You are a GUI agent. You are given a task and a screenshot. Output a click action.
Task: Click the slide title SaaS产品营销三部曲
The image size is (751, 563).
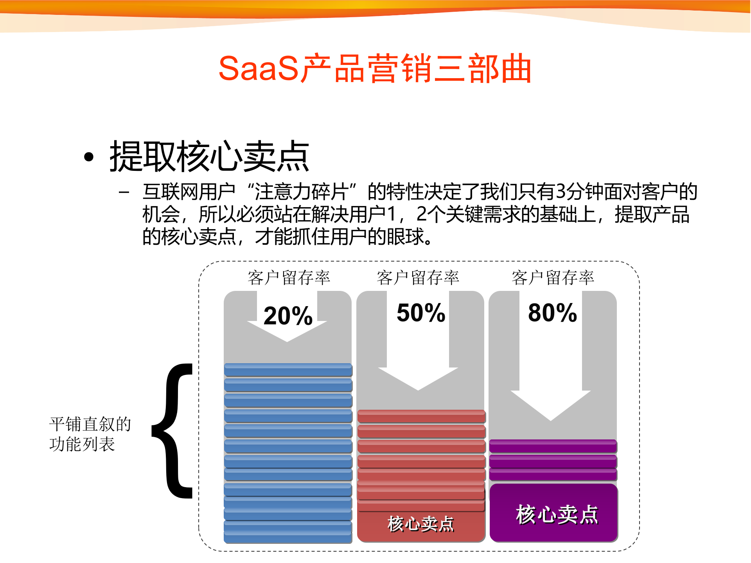pyautogui.click(x=375, y=68)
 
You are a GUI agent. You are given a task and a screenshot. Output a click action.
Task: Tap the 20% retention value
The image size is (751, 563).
pyautogui.click(x=288, y=316)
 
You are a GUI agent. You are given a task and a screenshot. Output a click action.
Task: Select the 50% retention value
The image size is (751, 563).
pyautogui.click(x=421, y=313)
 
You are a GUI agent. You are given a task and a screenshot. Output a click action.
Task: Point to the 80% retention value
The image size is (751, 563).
pyautogui.click(x=552, y=313)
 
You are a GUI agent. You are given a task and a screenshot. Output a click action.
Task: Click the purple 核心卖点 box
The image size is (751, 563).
pyautogui.click(x=554, y=513)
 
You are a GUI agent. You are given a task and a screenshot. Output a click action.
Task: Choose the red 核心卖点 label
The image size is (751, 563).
pyautogui.click(x=421, y=524)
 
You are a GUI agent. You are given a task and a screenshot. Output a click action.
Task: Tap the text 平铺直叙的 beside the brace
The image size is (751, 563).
pyautogui.click(x=90, y=424)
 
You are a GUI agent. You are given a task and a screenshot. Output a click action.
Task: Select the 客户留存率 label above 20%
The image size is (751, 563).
pyautogui.click(x=289, y=278)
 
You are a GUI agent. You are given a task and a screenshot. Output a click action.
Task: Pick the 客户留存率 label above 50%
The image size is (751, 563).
pyautogui.click(x=418, y=278)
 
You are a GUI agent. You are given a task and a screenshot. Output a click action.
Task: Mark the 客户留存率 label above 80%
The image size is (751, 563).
pyautogui.click(x=553, y=278)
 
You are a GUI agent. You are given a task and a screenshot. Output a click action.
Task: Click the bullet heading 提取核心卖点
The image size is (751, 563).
pyautogui.click(x=209, y=156)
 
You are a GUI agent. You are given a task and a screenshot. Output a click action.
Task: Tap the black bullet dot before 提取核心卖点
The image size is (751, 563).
pyautogui.click(x=89, y=157)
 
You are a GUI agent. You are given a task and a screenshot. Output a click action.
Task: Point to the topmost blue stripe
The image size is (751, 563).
pyautogui.click(x=288, y=370)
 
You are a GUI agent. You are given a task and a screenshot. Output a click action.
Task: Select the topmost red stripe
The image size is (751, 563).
pyautogui.click(x=421, y=416)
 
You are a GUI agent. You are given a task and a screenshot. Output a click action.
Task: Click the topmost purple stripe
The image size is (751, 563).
pyautogui.click(x=553, y=446)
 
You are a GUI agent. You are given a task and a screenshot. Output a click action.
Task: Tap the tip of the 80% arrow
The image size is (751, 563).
pyautogui.click(x=550, y=419)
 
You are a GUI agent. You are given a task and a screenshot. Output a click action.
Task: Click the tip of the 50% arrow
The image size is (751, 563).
pyautogui.click(x=418, y=389)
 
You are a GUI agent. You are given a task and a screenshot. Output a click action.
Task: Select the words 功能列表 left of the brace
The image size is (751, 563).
pyautogui.click(x=82, y=444)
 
